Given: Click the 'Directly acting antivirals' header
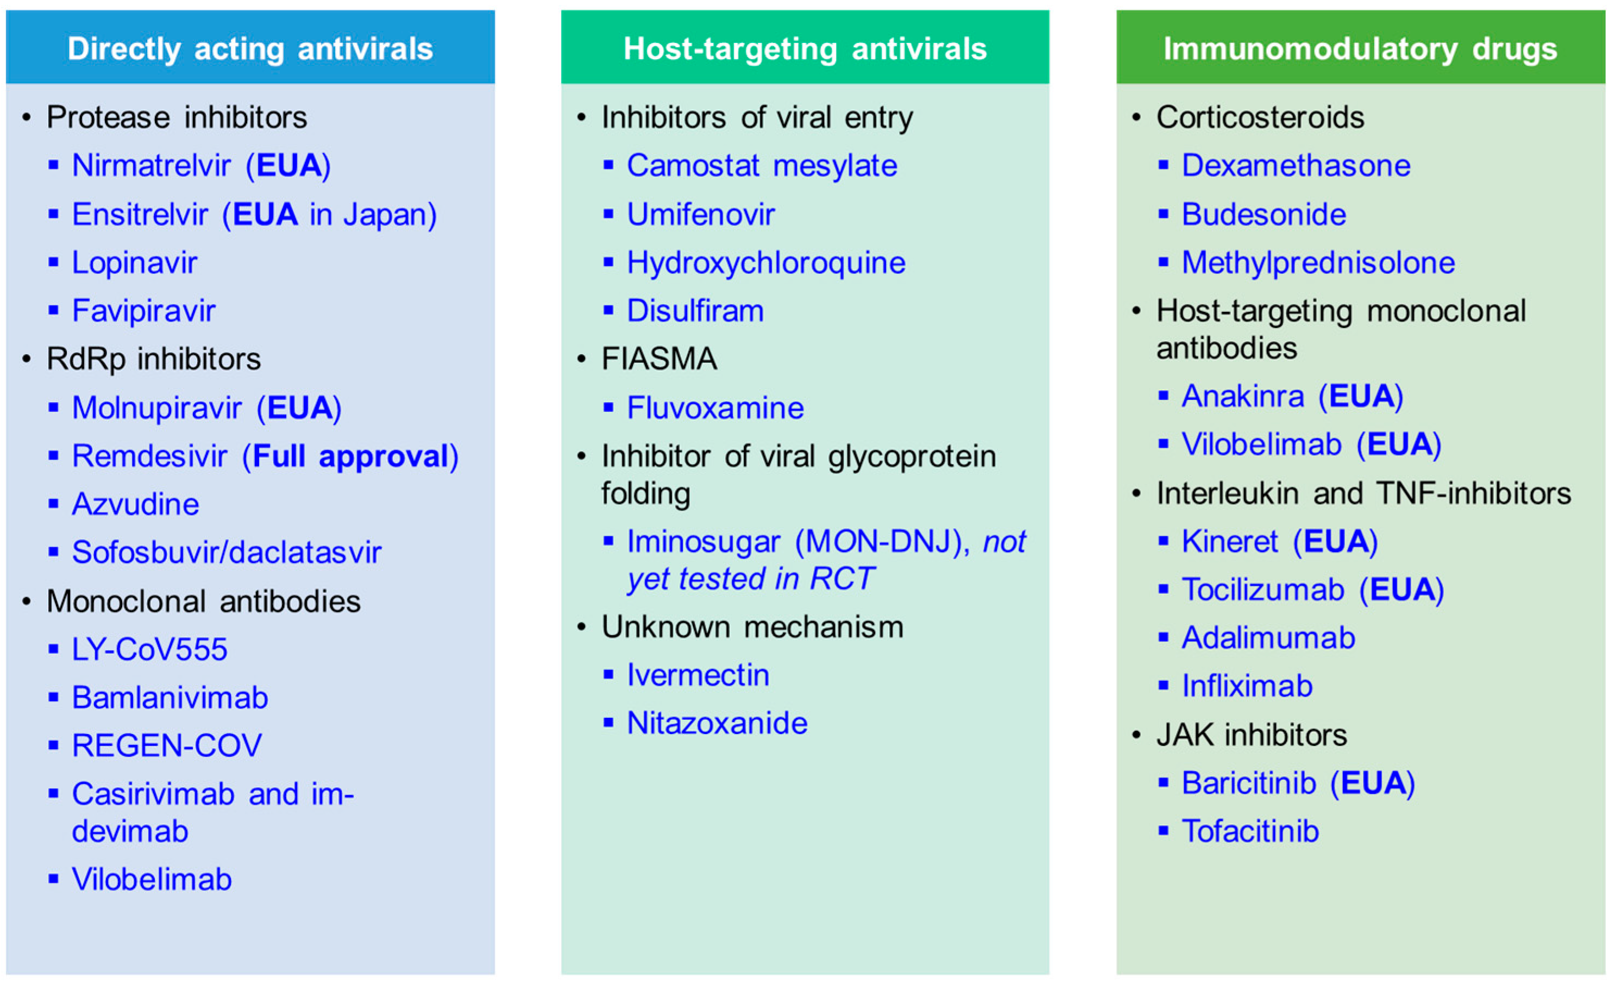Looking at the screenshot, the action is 250,49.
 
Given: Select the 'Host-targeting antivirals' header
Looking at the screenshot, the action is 805,49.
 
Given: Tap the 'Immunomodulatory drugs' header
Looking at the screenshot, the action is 1360,49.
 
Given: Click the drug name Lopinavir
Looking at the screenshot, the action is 134,262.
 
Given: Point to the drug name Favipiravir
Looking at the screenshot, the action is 143,311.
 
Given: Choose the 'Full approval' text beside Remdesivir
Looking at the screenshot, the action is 350,456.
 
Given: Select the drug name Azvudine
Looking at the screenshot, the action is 136,504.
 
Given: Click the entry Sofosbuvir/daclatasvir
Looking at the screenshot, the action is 227,552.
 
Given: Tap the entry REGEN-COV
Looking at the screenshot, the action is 166,745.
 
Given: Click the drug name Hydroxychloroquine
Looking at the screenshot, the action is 766,262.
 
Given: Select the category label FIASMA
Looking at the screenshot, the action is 659,359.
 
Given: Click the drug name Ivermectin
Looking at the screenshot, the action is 698,675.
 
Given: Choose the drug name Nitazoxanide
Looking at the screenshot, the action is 717,723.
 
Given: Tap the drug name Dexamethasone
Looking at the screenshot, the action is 1296,165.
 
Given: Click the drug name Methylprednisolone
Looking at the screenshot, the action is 1318,262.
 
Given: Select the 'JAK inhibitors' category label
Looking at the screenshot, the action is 1251,735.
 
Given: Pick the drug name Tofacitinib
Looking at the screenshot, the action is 1250,831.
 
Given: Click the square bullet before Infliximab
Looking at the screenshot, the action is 1164,686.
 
